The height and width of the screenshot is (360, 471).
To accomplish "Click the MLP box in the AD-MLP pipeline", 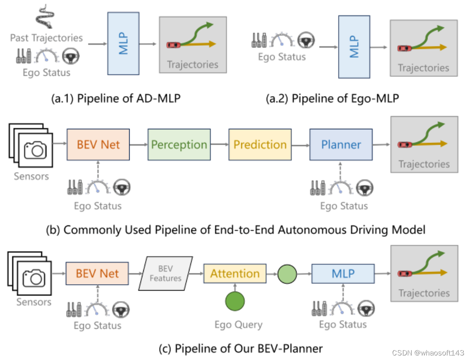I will click(123, 44).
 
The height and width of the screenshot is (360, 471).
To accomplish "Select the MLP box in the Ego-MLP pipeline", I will click(354, 47).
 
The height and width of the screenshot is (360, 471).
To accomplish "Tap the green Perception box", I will click(179, 145).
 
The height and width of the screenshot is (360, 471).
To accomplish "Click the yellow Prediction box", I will click(260, 145).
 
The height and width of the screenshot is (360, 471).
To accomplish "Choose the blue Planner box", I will click(341, 145).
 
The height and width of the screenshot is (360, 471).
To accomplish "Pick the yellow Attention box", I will click(235, 273).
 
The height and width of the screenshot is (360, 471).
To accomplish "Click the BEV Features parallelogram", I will click(165, 274).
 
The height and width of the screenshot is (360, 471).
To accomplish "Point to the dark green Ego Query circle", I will click(235, 301).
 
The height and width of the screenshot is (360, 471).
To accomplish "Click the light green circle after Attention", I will click(287, 274).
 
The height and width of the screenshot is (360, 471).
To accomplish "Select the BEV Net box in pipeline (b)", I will click(98, 145).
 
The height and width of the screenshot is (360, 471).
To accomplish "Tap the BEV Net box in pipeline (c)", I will click(97, 274).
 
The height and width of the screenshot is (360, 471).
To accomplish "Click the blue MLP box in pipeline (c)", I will click(343, 274).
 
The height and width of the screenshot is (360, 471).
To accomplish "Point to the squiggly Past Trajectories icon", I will click(45, 17).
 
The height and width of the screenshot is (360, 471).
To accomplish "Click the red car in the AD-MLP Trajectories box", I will click(174, 44).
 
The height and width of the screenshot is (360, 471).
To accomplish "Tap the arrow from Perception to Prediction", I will click(219, 145).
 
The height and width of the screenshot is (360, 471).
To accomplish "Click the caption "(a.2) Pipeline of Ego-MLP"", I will click(332, 98).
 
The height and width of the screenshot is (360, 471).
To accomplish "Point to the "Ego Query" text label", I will click(238, 325).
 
